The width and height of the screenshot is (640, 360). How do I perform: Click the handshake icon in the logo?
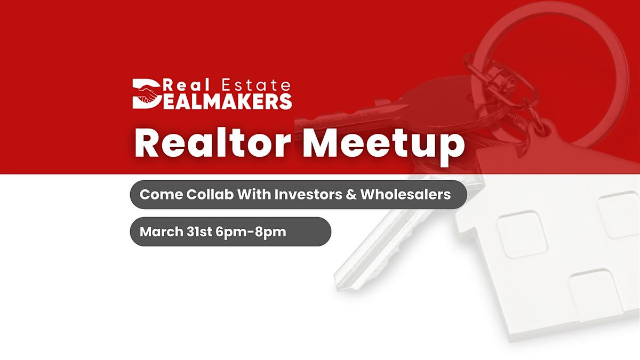pyautogui.click(x=148, y=94)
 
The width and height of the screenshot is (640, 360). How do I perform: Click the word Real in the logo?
pyautogui.click(x=186, y=85)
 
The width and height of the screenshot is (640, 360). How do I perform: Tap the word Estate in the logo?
pyautogui.click(x=256, y=85)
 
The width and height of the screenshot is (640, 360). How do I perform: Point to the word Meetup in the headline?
pyautogui.click(x=383, y=146)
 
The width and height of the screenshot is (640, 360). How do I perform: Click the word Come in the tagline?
pyautogui.click(x=162, y=195)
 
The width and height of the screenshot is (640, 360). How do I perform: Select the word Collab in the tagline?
pyautogui.click(x=210, y=194)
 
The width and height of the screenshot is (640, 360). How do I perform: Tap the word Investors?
pyautogui.click(x=308, y=194)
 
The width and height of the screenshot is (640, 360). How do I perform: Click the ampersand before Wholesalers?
pyautogui.click(x=351, y=195)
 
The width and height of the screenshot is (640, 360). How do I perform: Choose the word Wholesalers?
pyautogui.click(x=405, y=194)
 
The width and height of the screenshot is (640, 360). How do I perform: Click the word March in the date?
pyautogui.click(x=162, y=231)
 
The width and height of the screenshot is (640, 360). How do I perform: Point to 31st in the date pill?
pyautogui.click(x=199, y=231)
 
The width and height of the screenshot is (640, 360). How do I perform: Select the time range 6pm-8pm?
pyautogui.click(x=251, y=232)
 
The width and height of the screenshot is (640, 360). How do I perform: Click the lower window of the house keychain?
pyautogui.click(x=591, y=295)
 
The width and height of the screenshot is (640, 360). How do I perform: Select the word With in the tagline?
pyautogui.click(x=254, y=194)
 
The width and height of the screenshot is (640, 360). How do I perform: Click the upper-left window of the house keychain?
pyautogui.click(x=522, y=234)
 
